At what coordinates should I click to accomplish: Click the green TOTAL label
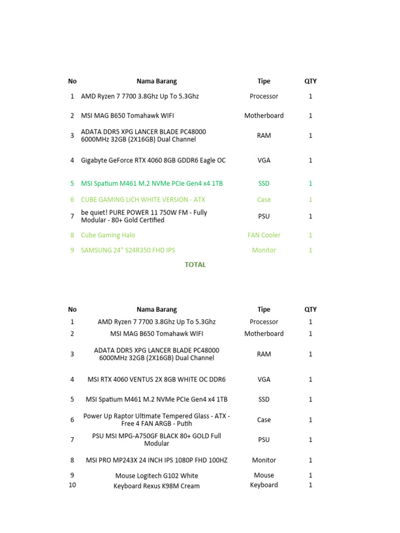click(195, 265)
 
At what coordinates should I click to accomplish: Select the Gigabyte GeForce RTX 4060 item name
click(153, 160)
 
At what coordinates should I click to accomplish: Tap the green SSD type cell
click(264, 183)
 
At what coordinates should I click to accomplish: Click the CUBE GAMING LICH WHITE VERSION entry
click(143, 199)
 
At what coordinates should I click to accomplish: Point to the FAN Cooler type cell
click(264, 235)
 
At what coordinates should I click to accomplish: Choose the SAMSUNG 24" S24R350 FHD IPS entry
click(128, 250)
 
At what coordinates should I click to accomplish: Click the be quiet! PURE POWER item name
click(144, 216)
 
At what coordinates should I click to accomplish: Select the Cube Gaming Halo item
click(108, 235)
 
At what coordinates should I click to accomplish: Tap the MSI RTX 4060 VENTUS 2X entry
click(156, 379)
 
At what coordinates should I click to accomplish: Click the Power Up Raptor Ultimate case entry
click(156, 420)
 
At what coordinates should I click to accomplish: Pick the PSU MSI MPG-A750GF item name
click(156, 440)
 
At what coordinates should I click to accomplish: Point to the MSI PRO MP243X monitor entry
click(156, 460)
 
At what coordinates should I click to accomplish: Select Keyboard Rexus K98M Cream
click(156, 486)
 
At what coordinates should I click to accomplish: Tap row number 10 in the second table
click(72, 485)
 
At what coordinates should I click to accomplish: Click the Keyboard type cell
click(264, 485)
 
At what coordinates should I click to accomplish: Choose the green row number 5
click(72, 183)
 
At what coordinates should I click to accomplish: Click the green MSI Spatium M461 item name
click(152, 183)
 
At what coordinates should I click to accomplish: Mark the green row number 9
click(72, 250)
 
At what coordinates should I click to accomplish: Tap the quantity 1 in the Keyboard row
click(310, 485)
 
